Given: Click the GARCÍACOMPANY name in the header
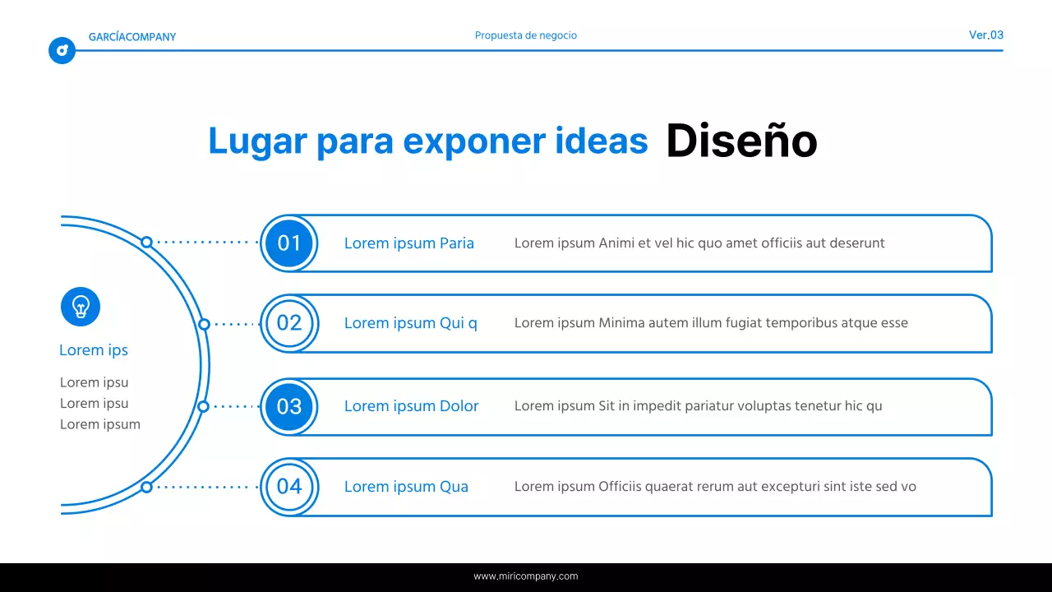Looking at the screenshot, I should click(x=132, y=37).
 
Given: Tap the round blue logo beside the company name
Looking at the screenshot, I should click(x=62, y=51).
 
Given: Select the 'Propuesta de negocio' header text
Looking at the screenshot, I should click(x=526, y=35).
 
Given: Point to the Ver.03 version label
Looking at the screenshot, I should click(x=985, y=35).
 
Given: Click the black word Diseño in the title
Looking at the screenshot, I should click(x=741, y=141).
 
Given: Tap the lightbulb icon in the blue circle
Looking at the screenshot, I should click(x=81, y=307).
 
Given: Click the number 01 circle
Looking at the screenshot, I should click(x=289, y=243).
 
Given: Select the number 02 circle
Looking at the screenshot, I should click(x=289, y=323).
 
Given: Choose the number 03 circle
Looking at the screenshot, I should click(x=289, y=406).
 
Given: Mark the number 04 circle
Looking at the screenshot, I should click(x=289, y=486).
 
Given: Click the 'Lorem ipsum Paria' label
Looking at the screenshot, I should click(x=408, y=243).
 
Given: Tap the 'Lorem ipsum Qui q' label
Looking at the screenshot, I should click(x=410, y=323).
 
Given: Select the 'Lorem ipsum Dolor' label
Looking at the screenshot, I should click(x=411, y=406).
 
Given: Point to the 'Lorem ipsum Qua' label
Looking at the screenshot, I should click(x=406, y=487).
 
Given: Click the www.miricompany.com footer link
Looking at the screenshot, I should click(x=526, y=576).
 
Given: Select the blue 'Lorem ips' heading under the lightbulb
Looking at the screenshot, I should click(x=94, y=350).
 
